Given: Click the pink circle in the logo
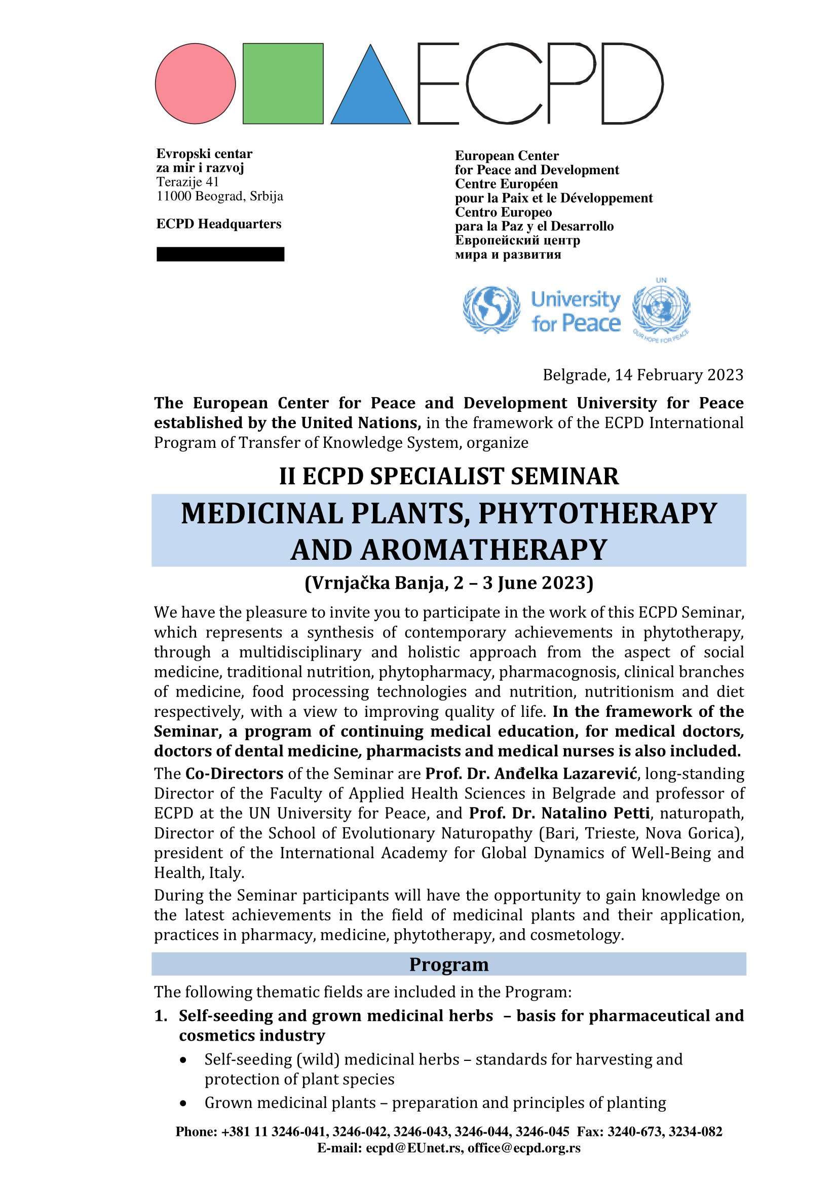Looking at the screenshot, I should tap(195, 84).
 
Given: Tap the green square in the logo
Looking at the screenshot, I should tap(283, 84).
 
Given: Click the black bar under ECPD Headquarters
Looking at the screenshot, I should tap(220, 254).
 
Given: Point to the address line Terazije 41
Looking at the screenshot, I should tap(188, 182).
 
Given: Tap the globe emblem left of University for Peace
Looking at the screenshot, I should tap(491, 310).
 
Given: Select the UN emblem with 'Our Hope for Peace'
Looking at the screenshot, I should tap(662, 310).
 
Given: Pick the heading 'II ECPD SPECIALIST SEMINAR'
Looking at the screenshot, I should tap(448, 476).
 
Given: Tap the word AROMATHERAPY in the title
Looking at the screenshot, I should tap(484, 550).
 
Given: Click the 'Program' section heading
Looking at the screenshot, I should tap(448, 965).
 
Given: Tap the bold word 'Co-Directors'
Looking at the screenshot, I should tap(234, 774).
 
